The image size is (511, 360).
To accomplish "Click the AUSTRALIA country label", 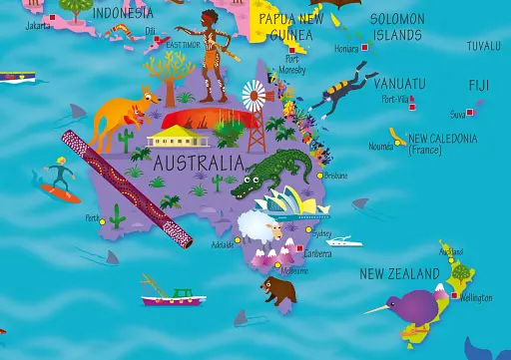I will pyautogui.click(x=199, y=161).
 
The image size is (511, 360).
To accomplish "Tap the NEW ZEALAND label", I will pyautogui.click(x=399, y=273).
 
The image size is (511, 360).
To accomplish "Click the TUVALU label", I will pyautogui.click(x=484, y=46).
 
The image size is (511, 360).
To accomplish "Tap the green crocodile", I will pyautogui.click(x=270, y=174).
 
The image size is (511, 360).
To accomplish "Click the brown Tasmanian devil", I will pyautogui.click(x=278, y=290).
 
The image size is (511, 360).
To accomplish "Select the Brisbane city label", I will pyautogui.click(x=335, y=175).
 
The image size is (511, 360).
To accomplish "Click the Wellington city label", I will pyautogui.click(x=477, y=297).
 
